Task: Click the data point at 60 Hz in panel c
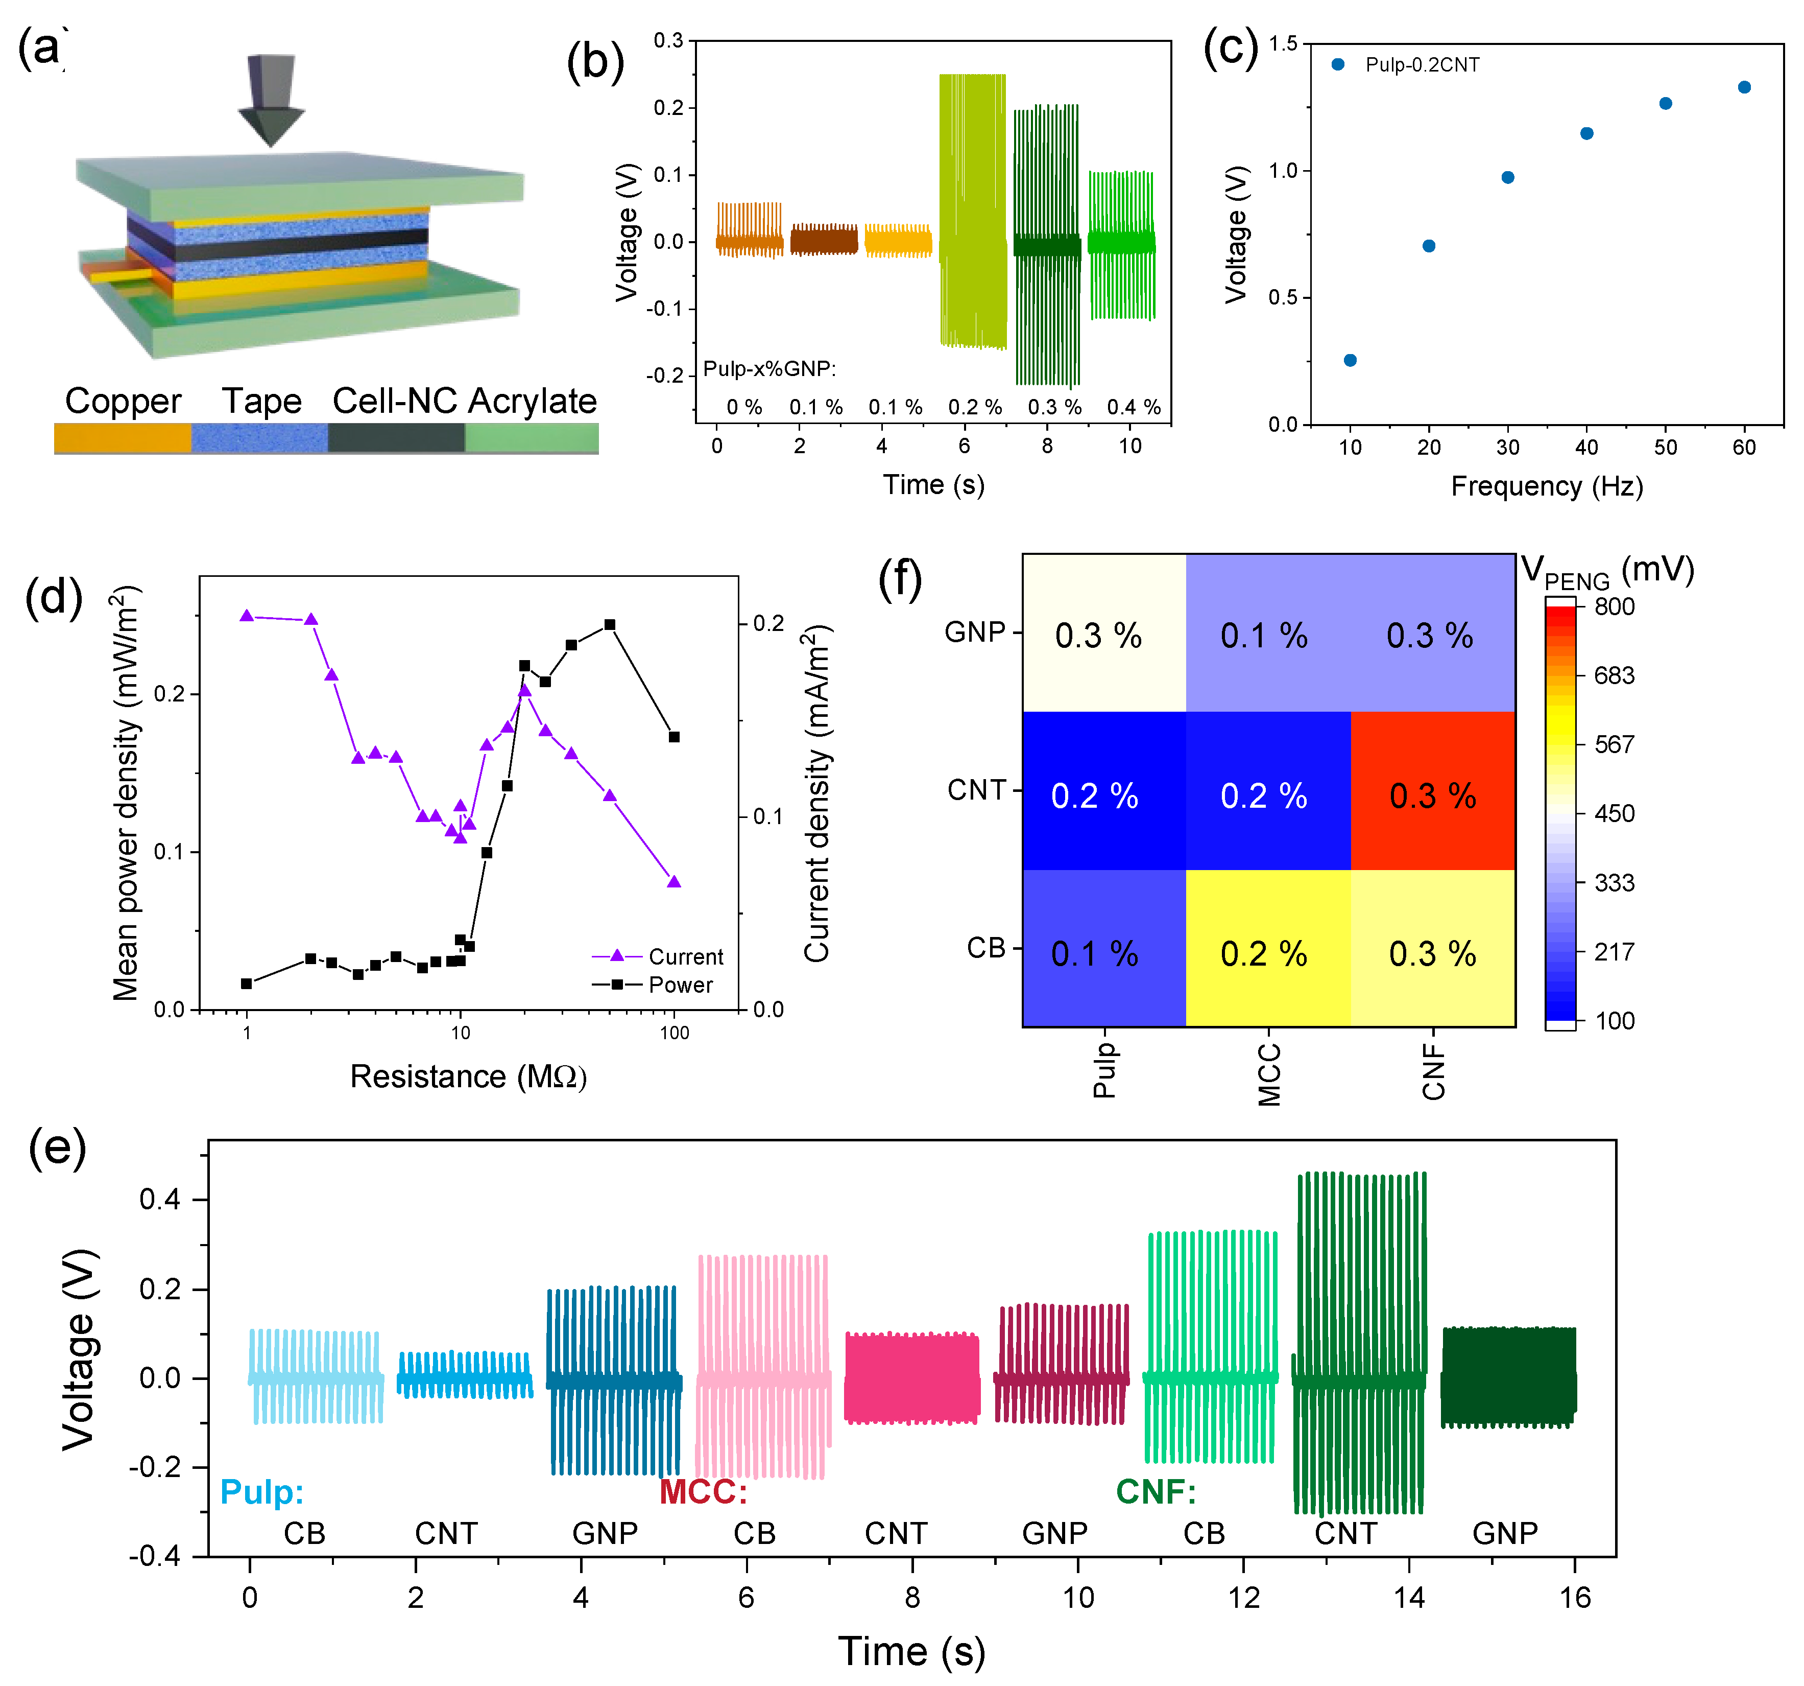[x=1743, y=87]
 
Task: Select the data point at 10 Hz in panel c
[x=1350, y=360]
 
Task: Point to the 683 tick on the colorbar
[x=1614, y=675]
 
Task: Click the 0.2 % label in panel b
[x=975, y=407]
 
